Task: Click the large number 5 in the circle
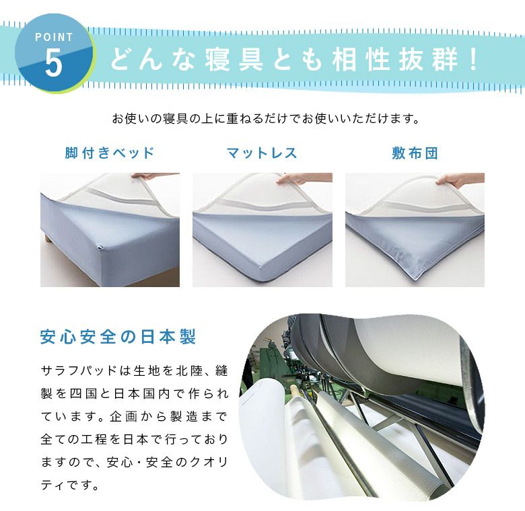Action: coord(54,63)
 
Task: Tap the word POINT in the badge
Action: coord(54,37)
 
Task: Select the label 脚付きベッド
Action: coord(109,153)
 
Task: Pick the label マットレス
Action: coord(262,153)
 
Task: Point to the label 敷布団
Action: coord(415,153)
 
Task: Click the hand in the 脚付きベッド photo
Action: coord(155,176)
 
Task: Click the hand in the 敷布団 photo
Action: coord(460,179)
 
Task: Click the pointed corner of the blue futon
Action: coord(415,278)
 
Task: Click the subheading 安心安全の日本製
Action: coord(118,336)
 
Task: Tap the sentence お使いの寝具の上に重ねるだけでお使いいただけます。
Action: coord(265,118)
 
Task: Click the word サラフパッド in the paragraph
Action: coord(79,371)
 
